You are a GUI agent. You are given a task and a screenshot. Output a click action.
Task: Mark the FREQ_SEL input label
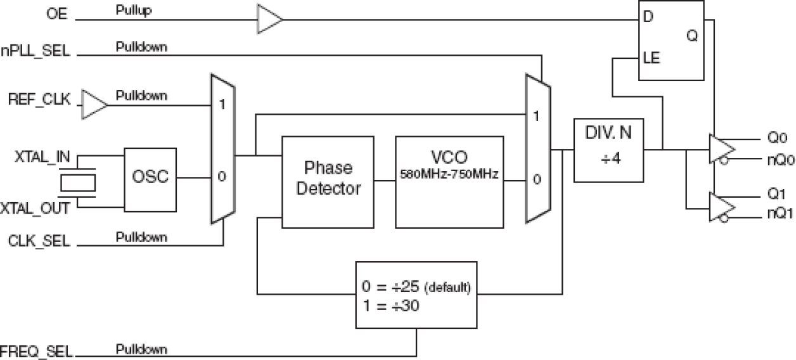click(37, 351)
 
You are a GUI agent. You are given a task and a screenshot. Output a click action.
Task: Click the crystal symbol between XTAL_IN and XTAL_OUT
click(77, 182)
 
